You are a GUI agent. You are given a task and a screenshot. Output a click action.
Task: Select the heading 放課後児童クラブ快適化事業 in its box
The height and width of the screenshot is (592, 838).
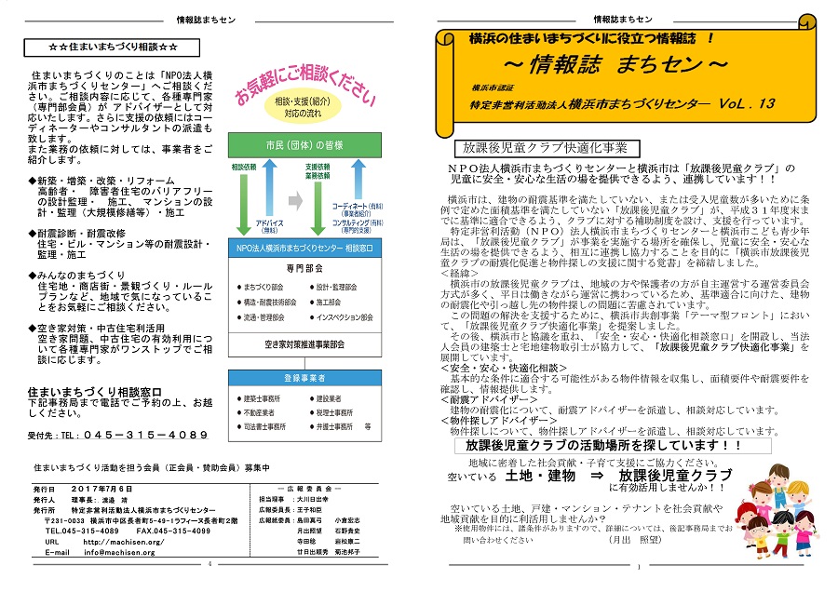click(x=540, y=147)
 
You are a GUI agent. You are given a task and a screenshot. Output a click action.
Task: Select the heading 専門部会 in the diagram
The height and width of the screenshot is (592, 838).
click(x=304, y=266)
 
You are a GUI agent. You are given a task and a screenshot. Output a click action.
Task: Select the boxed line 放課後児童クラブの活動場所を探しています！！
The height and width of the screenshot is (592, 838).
click(x=593, y=446)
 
